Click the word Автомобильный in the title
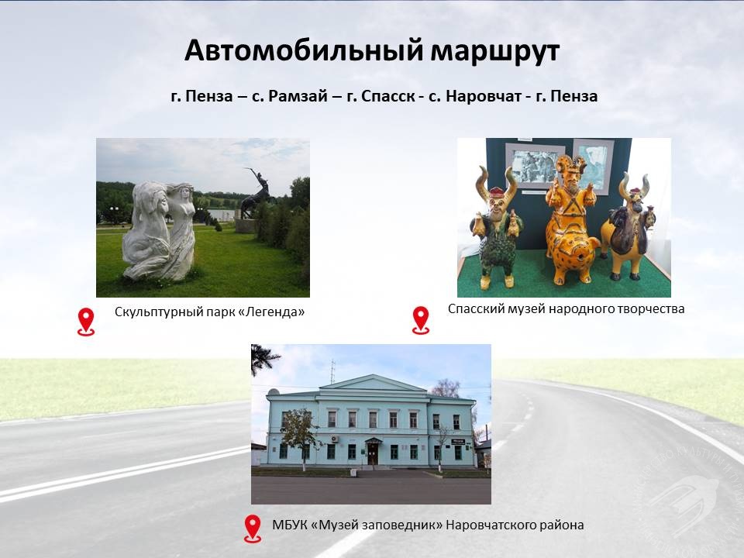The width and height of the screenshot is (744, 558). tap(303, 50)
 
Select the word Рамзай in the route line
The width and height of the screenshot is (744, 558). tap(298, 96)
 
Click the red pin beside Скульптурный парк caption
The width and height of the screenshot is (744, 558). tap(86, 322)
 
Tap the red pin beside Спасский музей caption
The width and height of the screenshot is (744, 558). tap(421, 320)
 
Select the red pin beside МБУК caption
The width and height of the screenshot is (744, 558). tap(253, 529)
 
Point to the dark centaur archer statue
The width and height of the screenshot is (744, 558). tap(257, 194)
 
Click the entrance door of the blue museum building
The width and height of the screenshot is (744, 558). tap(373, 453)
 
